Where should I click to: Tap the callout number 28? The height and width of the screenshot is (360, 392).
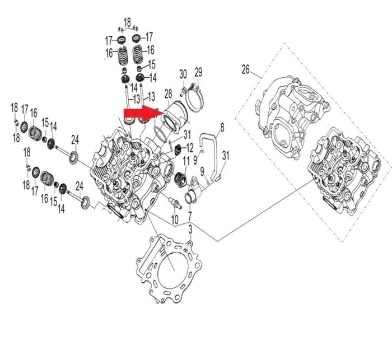coord(168,94)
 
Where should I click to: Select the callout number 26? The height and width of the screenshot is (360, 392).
coord(245,69)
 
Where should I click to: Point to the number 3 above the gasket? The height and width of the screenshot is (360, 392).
coord(190,230)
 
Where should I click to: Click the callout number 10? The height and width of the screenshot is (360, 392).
coord(175,219)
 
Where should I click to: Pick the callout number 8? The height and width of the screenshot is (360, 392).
coord(222,127)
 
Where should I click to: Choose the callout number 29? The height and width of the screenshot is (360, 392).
coord(198,72)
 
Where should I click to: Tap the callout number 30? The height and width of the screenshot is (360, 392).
coord(183,74)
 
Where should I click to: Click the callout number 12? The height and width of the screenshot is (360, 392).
coord(190,148)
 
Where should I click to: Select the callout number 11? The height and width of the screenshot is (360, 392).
coord(186,161)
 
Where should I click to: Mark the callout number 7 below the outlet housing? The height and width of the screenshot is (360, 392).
coord(190,216)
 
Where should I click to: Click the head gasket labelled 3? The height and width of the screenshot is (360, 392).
coord(169,268)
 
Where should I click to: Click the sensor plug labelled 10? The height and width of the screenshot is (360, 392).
coord(175,202)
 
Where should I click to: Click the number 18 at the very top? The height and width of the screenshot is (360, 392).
coord(127,22)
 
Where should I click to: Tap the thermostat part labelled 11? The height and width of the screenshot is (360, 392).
coord(180,179)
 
